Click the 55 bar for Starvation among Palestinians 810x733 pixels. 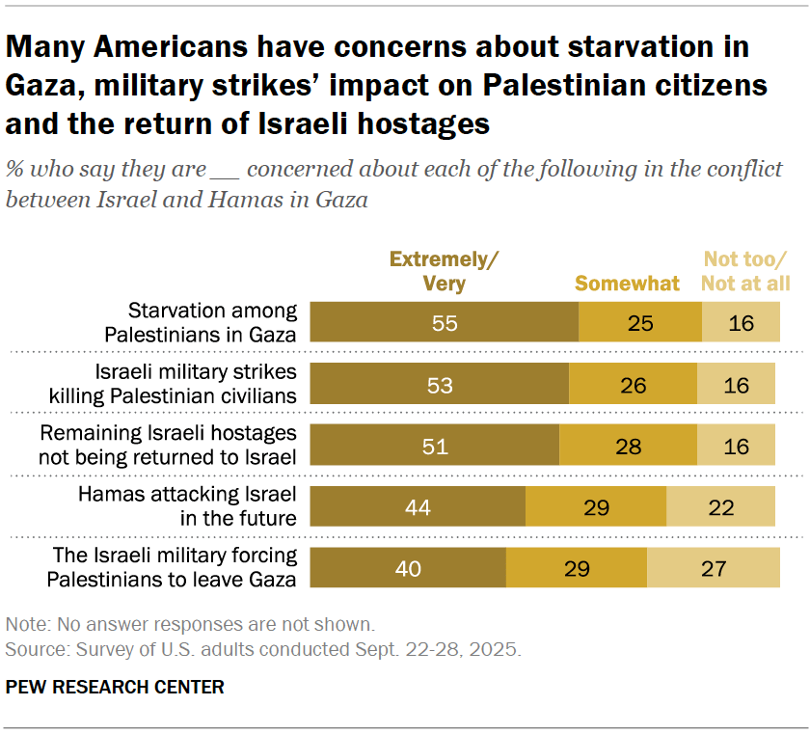click(x=445, y=323)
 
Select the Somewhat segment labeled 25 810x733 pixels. click(x=639, y=323)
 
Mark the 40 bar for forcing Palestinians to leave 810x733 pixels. click(x=408, y=567)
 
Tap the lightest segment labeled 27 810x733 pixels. click(x=713, y=567)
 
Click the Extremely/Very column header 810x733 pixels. click(x=444, y=271)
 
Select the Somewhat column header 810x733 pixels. click(x=627, y=284)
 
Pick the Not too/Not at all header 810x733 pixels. click(x=744, y=271)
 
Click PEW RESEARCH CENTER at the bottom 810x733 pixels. click(x=115, y=688)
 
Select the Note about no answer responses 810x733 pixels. click(x=190, y=624)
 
